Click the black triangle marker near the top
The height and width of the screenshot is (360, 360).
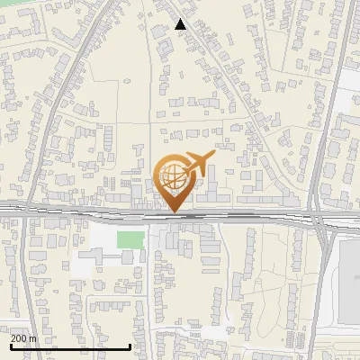pyautogui.click(x=180, y=24)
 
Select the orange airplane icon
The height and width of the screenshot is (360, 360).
pyautogui.click(x=199, y=163)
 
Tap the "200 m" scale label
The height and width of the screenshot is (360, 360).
pyautogui.click(x=24, y=337)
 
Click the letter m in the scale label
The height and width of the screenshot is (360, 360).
pyautogui.click(x=34, y=337)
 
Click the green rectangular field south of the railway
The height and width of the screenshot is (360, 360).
pyautogui.click(x=130, y=239)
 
